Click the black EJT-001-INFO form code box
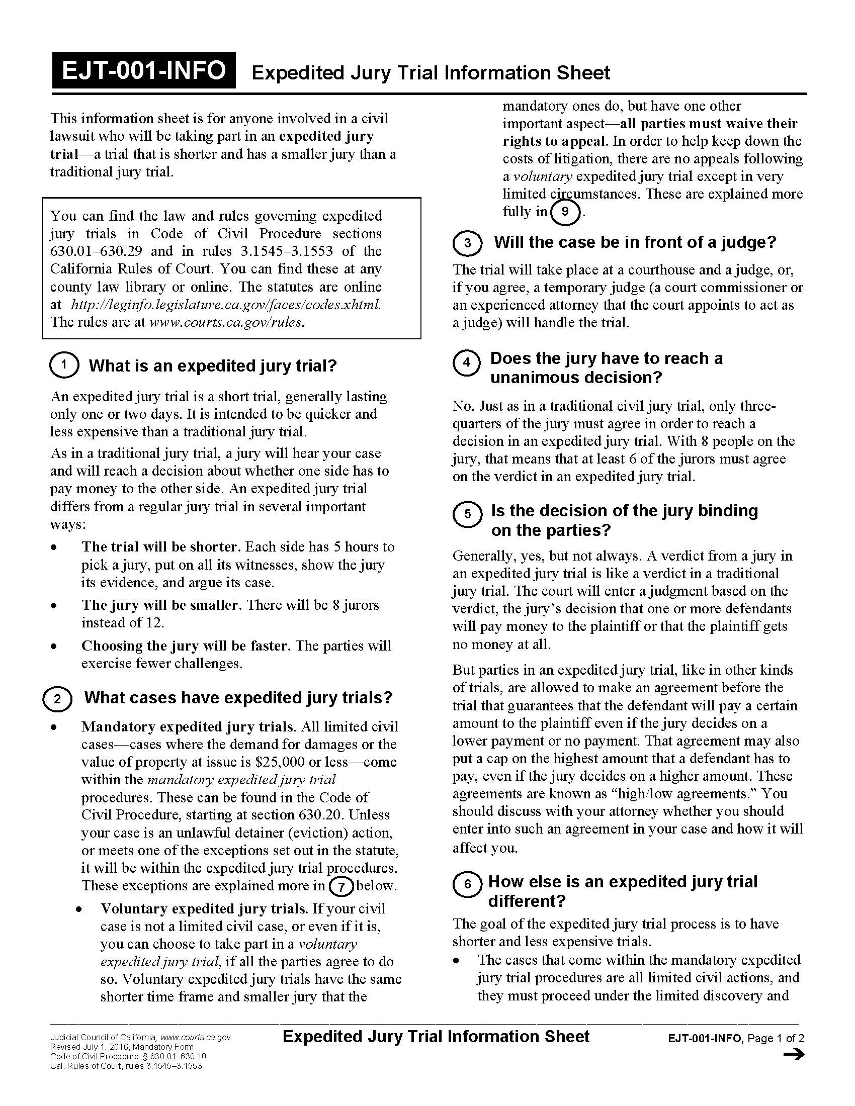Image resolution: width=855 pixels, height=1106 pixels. click(x=144, y=70)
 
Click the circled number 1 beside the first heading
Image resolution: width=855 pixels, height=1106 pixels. click(x=64, y=365)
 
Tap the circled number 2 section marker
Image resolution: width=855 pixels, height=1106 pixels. click(x=57, y=699)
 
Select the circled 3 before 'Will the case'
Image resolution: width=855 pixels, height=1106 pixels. click(x=467, y=243)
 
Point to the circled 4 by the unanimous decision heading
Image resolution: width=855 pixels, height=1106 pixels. click(x=467, y=362)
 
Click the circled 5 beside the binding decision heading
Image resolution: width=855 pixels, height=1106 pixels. click(x=467, y=514)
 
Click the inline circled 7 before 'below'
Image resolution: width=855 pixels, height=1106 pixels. click(x=341, y=887)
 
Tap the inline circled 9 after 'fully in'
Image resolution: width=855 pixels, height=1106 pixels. click(x=565, y=212)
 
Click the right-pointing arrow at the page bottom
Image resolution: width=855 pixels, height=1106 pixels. click(x=794, y=1055)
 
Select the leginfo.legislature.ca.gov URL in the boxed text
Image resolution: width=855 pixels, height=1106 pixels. click(x=226, y=304)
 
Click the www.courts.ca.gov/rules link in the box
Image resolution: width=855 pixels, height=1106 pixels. click(x=226, y=322)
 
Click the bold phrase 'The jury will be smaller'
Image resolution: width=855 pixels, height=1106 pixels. click(x=159, y=605)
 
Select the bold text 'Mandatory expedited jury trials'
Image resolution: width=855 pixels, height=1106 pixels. click(x=188, y=727)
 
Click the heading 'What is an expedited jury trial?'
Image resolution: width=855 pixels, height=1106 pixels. click(x=212, y=365)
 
